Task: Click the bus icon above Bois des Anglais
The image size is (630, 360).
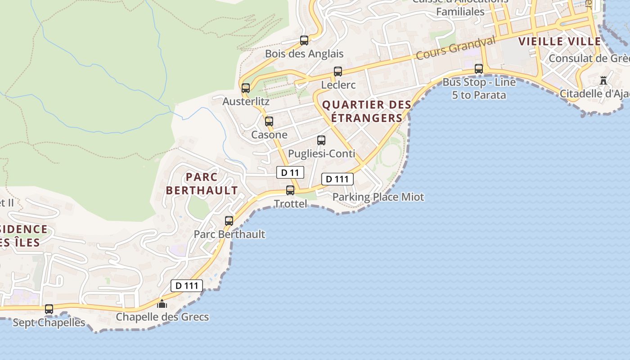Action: click(x=304, y=40)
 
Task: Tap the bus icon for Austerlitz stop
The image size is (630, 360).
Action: click(x=246, y=88)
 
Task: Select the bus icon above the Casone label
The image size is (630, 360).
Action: click(x=269, y=121)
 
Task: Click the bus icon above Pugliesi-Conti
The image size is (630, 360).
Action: click(x=321, y=140)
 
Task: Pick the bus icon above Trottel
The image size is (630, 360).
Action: click(x=291, y=190)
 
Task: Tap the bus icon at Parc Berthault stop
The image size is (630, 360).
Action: click(x=229, y=221)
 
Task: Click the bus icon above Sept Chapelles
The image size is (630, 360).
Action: click(x=49, y=309)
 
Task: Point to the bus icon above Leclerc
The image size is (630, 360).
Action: click(x=338, y=72)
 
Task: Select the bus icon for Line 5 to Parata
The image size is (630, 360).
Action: click(x=479, y=69)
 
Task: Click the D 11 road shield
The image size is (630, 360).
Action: click(x=290, y=172)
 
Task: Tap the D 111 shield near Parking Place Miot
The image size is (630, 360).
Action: click(x=337, y=179)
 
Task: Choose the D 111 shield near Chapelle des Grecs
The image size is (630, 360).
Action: click(x=187, y=285)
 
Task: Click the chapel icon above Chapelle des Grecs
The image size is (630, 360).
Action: click(x=162, y=304)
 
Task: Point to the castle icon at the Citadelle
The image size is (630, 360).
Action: click(x=603, y=81)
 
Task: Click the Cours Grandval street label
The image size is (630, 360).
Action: click(x=455, y=48)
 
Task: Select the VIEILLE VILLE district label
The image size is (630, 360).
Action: click(x=560, y=42)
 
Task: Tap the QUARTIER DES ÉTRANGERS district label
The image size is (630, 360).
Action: click(x=367, y=112)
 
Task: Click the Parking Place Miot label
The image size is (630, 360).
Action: click(x=378, y=197)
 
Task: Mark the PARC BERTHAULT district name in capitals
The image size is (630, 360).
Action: click(x=202, y=184)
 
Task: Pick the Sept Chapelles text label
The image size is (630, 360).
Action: click(x=49, y=323)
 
